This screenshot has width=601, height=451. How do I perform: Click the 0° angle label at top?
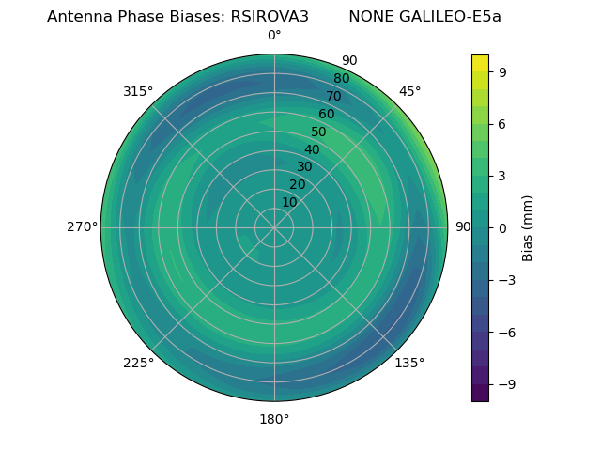(x=274, y=36)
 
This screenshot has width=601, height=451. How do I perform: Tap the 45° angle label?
(x=410, y=91)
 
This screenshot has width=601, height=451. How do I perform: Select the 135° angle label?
(x=409, y=363)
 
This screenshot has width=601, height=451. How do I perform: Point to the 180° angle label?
(x=274, y=419)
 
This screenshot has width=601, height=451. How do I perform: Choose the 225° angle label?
(x=138, y=363)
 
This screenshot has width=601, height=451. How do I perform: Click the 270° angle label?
(x=82, y=227)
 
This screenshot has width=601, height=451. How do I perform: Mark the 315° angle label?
(x=138, y=91)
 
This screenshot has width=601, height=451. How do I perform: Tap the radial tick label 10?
(x=289, y=202)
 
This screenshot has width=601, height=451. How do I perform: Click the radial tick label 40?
(x=312, y=149)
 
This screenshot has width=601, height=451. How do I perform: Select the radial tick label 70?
(x=333, y=96)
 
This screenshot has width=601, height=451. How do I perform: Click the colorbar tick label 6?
(x=503, y=123)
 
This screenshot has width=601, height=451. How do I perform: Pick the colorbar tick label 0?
(x=503, y=227)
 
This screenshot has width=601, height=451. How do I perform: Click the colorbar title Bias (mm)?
(x=528, y=227)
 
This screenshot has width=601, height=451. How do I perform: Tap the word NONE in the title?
(x=370, y=17)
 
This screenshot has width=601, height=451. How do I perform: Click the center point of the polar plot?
(x=274, y=227)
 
